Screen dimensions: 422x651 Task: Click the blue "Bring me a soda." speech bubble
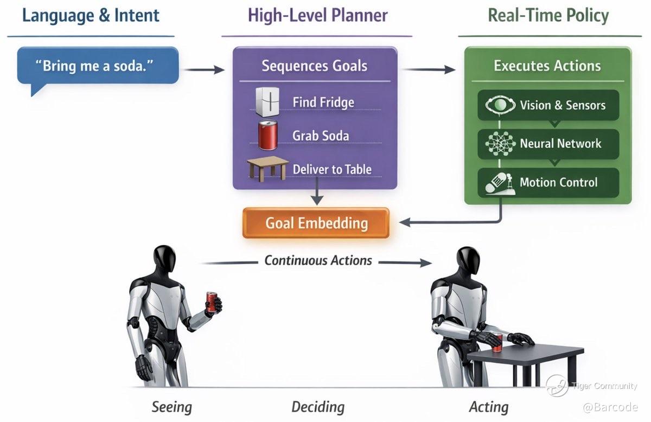pos(98,66)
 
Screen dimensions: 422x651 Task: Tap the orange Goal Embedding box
pos(316,223)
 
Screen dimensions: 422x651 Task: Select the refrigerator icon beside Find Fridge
pos(267,102)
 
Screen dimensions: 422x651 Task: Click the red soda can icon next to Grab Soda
pos(267,135)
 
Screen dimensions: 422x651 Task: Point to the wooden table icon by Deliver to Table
pos(267,168)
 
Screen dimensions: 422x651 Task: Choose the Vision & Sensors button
pos(548,105)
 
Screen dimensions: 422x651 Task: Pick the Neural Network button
pos(548,144)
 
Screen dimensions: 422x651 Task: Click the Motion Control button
pos(548,182)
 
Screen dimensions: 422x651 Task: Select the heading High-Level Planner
pos(317,15)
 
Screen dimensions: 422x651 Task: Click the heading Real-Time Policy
pos(548,15)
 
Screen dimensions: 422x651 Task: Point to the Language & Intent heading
pos(91,15)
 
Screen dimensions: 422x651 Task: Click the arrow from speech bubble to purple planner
pos(204,69)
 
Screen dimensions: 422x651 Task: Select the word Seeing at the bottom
pos(171,407)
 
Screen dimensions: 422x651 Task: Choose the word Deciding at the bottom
pos(318,407)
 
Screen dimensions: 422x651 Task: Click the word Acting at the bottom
pos(489,407)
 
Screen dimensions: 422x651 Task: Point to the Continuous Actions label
pos(318,260)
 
